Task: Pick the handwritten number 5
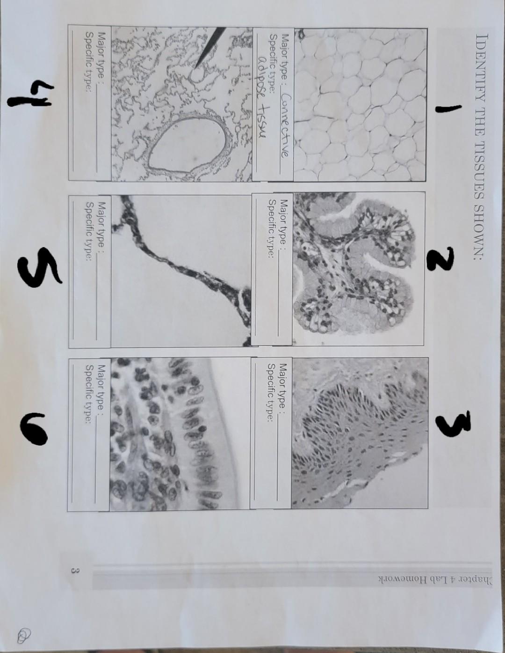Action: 38,265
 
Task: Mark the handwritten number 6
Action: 34,428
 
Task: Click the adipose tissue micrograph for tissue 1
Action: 360,105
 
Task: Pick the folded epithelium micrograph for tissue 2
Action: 359,268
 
